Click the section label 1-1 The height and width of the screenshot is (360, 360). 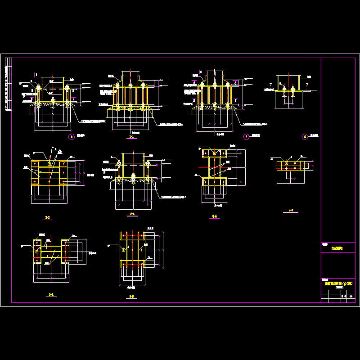pyautogui.click(x=131, y=136)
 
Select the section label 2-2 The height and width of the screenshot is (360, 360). pyautogui.click(x=47, y=217)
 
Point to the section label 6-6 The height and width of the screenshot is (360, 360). pyautogui.click(x=214, y=216)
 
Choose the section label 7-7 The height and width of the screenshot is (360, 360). pyautogui.click(x=291, y=210)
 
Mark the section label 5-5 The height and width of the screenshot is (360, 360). pyautogui.click(x=131, y=296)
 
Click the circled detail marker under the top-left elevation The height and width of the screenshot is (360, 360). pyautogui.click(x=71, y=137)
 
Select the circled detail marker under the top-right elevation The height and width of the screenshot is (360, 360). pyautogui.click(x=305, y=137)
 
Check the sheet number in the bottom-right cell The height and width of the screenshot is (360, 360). pyautogui.click(x=351, y=297)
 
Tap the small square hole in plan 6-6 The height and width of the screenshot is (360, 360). pyautogui.click(x=214, y=153)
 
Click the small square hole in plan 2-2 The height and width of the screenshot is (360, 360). pyautogui.click(x=49, y=163)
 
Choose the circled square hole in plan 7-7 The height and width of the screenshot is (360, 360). pyautogui.click(x=287, y=163)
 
